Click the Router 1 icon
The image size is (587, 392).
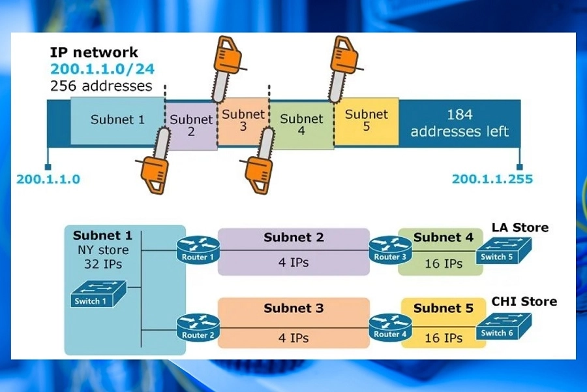[x=198, y=249]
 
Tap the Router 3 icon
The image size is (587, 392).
[x=390, y=249]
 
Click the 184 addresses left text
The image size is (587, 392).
[x=459, y=123]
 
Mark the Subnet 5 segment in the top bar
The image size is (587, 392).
[x=366, y=121]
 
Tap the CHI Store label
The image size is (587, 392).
[x=524, y=301]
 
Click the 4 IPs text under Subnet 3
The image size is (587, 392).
[x=293, y=338]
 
